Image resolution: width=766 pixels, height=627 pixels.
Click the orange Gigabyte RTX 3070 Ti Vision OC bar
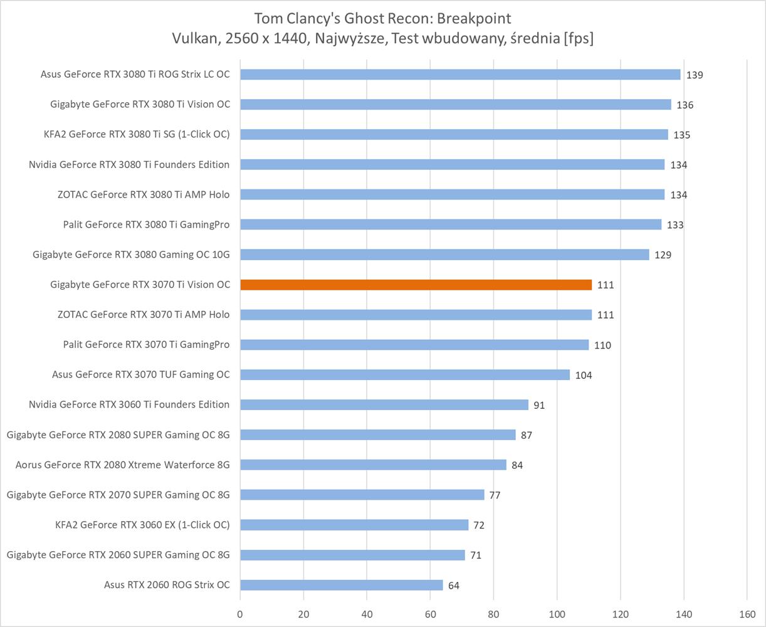[x=416, y=285]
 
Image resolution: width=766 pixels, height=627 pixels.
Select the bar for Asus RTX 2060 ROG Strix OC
[x=342, y=585]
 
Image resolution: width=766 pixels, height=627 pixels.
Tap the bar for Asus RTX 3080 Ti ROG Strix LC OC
[x=460, y=75]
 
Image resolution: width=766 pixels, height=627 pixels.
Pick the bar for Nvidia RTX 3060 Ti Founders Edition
[x=384, y=405]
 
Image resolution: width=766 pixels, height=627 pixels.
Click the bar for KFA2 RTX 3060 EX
[x=354, y=525]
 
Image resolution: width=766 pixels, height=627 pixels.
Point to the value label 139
[x=695, y=75]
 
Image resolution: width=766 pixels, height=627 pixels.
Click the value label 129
[x=663, y=255]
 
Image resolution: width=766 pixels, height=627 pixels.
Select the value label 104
[x=583, y=376]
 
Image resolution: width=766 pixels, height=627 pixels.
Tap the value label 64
[x=454, y=586]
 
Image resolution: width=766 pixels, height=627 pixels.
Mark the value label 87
[x=527, y=435]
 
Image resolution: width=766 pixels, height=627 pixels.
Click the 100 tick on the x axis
[x=557, y=614]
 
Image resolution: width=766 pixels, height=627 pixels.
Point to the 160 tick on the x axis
[x=747, y=614]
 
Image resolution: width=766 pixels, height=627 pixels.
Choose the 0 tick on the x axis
[x=240, y=614]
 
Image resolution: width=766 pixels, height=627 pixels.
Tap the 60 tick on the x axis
[x=430, y=614]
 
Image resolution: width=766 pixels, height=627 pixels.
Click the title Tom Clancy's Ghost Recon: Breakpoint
[x=382, y=18]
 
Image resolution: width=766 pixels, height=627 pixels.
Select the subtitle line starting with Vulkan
[x=382, y=39]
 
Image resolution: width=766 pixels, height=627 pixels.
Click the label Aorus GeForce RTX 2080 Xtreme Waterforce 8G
[x=123, y=465]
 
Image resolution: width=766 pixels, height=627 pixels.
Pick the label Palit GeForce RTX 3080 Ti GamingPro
[x=146, y=224]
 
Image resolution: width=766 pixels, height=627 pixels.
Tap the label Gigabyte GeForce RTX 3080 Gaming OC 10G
[x=131, y=255]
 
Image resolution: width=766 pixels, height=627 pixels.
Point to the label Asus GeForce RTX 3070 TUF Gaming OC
[x=141, y=374]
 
